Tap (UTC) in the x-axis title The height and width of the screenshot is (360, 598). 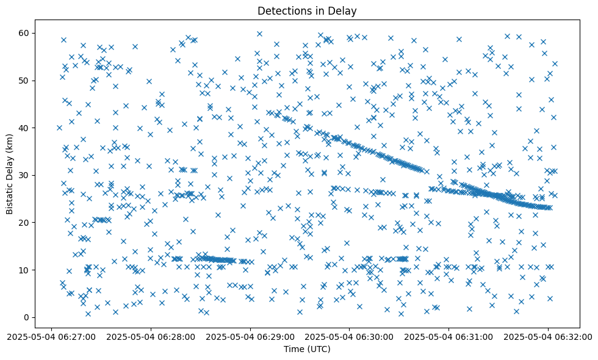[319, 349]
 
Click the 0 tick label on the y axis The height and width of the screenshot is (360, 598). [27, 317]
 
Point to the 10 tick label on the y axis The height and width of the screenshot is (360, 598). [24, 270]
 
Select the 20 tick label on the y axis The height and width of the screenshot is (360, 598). [24, 223]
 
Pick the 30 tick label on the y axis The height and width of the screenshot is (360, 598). [24, 175]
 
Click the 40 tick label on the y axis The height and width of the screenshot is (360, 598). [24, 128]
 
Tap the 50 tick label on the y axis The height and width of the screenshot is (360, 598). [24, 81]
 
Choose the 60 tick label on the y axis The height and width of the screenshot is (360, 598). [24, 33]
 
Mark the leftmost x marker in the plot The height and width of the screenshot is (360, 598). [59, 128]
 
